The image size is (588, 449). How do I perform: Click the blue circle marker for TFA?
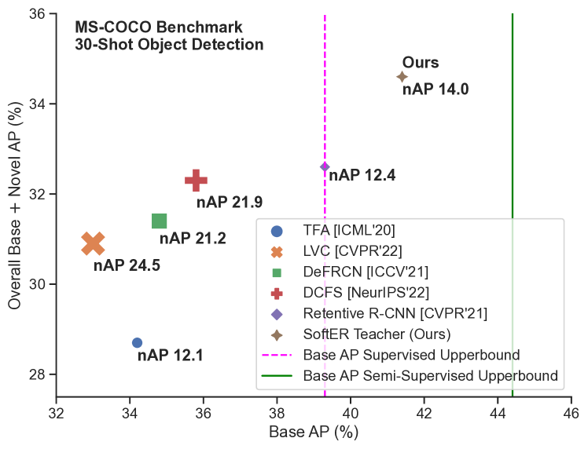tap(137, 342)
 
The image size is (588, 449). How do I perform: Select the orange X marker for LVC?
tap(93, 243)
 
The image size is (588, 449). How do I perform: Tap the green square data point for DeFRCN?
tap(159, 221)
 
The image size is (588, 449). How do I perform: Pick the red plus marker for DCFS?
tap(196, 180)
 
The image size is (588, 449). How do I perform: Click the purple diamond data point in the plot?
tap(325, 166)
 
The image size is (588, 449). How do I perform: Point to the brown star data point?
tap(402, 77)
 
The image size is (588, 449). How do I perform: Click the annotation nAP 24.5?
tap(127, 265)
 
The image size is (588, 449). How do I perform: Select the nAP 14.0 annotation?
tap(435, 89)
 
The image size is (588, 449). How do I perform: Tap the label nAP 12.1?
tap(170, 356)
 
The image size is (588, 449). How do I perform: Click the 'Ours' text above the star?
tap(421, 63)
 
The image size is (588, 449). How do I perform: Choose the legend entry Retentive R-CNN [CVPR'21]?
tap(395, 313)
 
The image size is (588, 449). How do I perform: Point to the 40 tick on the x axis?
tap(351, 411)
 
